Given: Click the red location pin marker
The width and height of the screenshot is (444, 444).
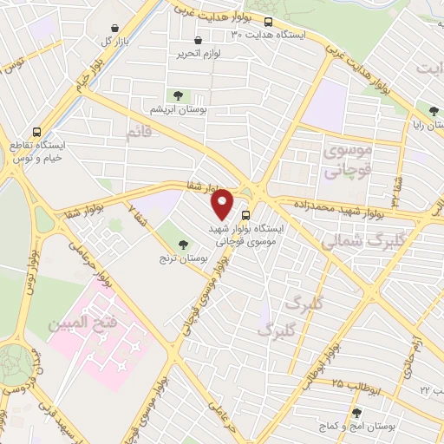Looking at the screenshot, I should point(223,204).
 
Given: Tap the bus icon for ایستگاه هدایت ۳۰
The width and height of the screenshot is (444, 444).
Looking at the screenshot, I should point(268,21).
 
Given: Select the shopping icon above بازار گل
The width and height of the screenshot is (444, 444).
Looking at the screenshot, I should point(114,27).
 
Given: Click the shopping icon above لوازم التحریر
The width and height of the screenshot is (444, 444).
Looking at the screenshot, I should point(199,40).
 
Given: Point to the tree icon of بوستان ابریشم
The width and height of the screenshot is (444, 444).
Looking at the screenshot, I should point(178,95).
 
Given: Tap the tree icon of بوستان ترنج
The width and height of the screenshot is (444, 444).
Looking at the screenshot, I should point(182,245).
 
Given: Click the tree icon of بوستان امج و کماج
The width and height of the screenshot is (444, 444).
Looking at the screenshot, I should point(356,413).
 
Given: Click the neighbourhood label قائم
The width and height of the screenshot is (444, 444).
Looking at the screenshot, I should point(139,133).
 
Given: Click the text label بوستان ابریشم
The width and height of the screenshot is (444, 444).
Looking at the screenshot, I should point(178,109).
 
